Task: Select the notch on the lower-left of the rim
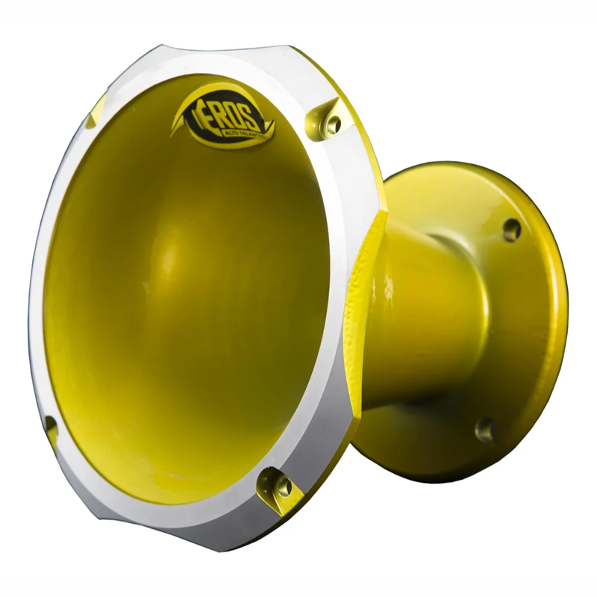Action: coord(51,429)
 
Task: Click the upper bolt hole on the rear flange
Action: coord(511,229)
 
